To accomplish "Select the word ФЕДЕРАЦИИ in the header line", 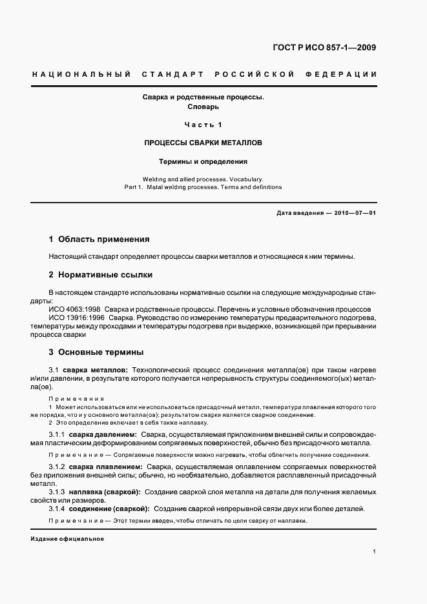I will [346, 74].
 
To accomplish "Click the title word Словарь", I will [203, 107].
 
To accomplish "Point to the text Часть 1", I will [203, 125].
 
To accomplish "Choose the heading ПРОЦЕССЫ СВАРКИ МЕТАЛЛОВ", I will [203, 143].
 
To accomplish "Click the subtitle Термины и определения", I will [203, 161].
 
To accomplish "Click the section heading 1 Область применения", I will [99, 239].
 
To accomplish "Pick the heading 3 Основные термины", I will [96, 352].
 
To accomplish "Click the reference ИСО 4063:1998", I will [70, 309].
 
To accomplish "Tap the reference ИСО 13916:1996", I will [72, 318].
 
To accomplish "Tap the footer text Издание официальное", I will [67, 539].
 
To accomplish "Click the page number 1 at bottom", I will [375, 551].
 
